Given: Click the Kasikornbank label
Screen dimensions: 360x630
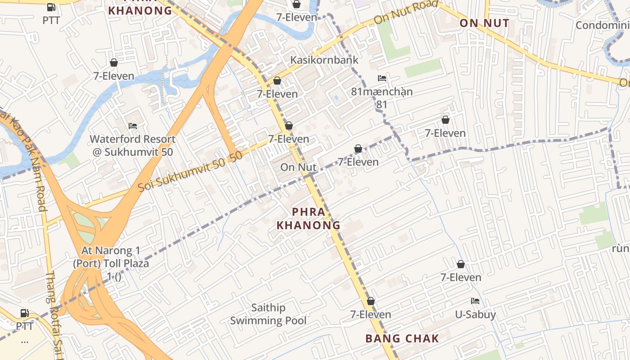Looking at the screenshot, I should point(324,60).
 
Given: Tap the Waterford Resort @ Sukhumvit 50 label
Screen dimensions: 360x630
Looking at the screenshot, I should point(133,145).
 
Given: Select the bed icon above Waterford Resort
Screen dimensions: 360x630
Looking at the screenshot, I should point(133,126).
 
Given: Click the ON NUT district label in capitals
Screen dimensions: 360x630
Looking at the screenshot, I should point(484,23).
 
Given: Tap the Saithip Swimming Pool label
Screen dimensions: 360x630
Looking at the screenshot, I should point(268,314).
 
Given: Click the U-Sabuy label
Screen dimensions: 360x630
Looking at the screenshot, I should point(475,315).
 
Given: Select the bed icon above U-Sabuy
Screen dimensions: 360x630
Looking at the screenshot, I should point(475,301).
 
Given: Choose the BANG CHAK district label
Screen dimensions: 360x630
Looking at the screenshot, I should point(402,339).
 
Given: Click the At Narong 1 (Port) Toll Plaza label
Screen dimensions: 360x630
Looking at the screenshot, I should point(111,263).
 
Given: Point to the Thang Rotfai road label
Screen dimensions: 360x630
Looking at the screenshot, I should point(53,315).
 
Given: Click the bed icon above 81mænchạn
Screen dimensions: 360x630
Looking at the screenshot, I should point(382,78).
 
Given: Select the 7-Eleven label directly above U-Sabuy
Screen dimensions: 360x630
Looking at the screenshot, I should point(460,277).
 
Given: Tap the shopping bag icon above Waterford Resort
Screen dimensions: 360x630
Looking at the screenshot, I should point(114,63).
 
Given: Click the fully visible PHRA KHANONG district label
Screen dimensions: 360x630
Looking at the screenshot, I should point(308,218).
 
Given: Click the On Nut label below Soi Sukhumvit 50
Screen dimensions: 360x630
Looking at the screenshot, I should point(298,167).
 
